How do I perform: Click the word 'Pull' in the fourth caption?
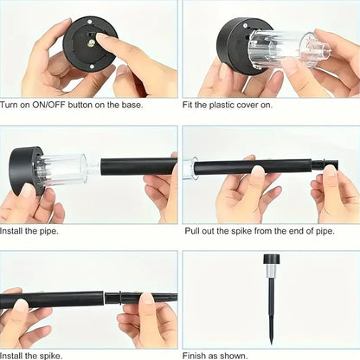click(x=192, y=231)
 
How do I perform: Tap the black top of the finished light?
click(x=271, y=259)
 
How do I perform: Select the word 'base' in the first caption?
click(x=132, y=105)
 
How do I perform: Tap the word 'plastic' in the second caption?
click(x=224, y=105)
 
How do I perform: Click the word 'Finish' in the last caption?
click(x=197, y=355)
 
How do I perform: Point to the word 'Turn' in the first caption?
click(x=11, y=105)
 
